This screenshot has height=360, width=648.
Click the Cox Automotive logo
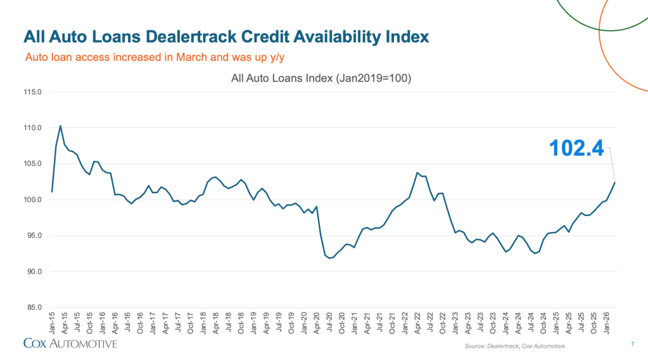tap(70, 344)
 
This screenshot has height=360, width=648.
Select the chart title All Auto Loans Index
tap(322, 79)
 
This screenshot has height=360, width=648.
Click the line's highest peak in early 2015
tap(60, 125)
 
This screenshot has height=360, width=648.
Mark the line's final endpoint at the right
tap(614, 183)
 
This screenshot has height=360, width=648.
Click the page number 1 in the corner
tap(633, 344)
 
